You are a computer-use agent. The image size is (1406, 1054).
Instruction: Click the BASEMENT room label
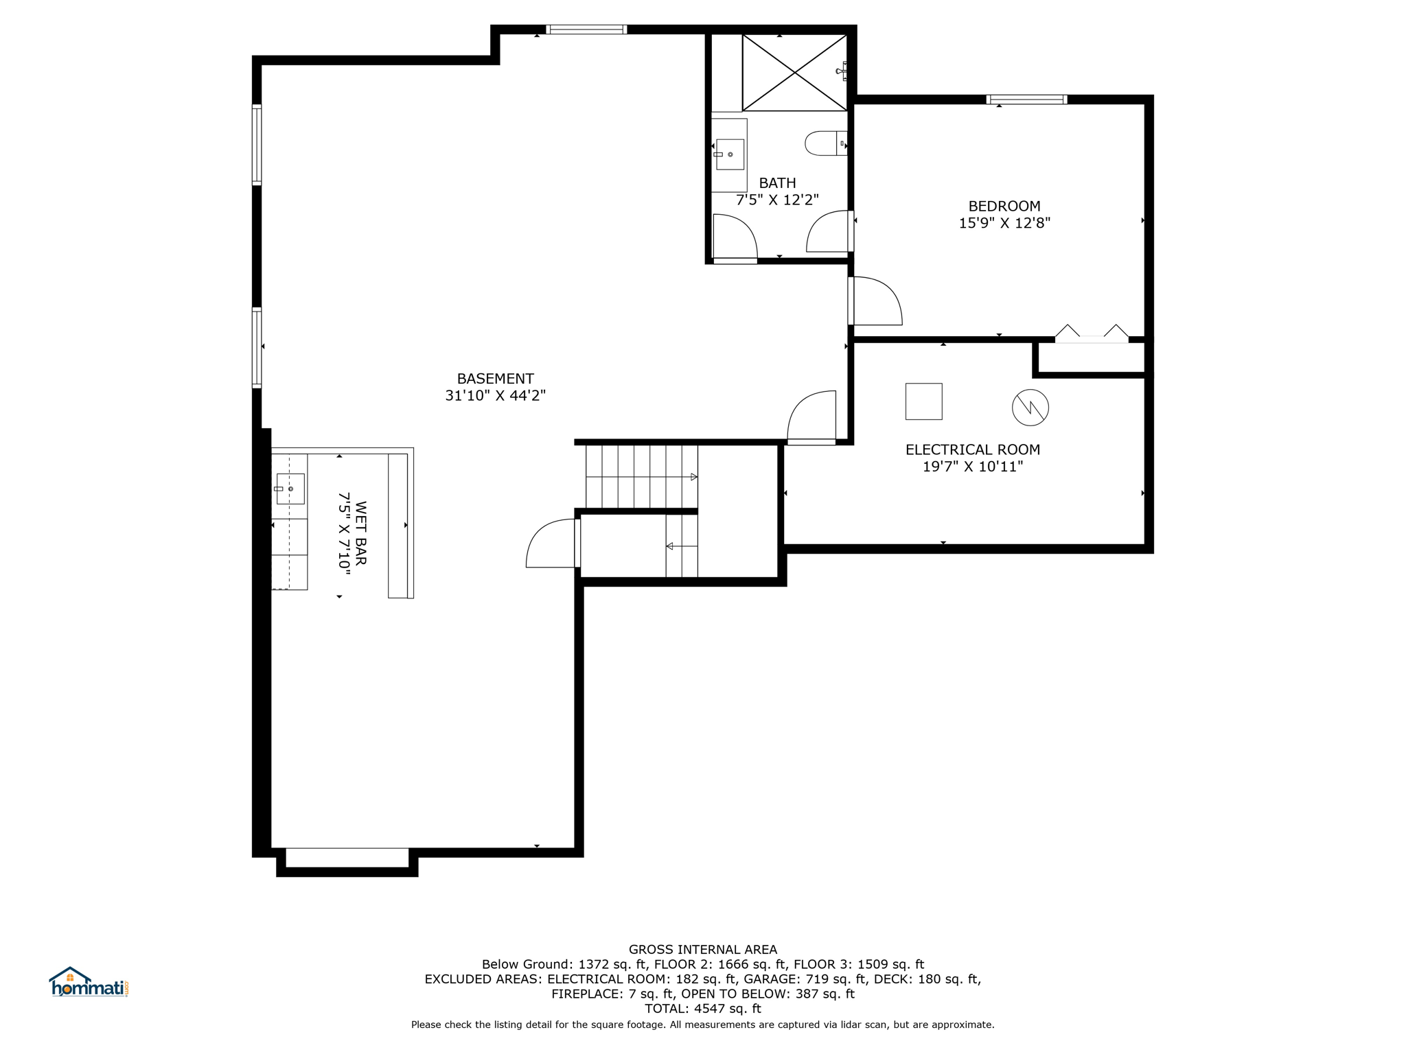(495, 379)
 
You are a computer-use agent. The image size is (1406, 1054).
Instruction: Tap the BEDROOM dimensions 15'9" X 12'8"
(1004, 223)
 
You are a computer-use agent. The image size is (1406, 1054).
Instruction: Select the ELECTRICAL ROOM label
(972, 449)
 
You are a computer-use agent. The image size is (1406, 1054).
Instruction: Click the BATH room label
(777, 183)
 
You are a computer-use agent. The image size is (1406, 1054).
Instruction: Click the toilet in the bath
(824, 143)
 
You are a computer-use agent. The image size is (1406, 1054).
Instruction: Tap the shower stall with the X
(794, 72)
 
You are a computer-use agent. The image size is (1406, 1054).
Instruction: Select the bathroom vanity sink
(730, 154)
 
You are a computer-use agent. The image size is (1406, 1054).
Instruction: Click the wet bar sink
(290, 489)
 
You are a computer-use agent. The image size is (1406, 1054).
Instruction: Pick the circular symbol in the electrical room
(1030, 408)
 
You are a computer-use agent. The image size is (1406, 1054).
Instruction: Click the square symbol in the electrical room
(923, 401)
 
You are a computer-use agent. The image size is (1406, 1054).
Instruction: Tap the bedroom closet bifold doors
(1091, 334)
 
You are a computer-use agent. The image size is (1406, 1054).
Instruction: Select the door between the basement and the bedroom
(876, 301)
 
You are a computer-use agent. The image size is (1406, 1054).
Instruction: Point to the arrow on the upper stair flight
(693, 477)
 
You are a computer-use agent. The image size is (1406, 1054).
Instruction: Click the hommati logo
(89, 983)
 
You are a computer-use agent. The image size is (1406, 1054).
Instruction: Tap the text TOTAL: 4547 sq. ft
(702, 1009)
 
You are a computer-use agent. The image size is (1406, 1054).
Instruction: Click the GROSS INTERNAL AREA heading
(702, 950)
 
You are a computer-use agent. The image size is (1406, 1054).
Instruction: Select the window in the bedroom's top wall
(1026, 99)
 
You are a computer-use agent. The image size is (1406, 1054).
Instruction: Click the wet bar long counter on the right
(398, 526)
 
